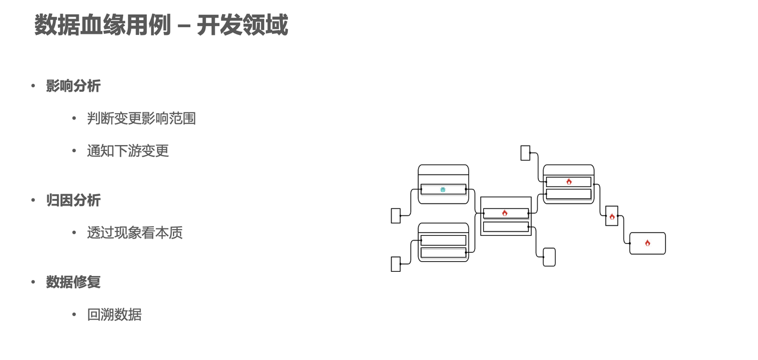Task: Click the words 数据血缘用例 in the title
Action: (102, 25)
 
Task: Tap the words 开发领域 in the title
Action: (242, 25)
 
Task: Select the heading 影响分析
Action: (73, 86)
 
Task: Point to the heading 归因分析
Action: (73, 200)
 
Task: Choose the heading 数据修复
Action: (73, 282)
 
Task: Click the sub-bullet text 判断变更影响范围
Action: (142, 118)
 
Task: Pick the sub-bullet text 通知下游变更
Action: (128, 151)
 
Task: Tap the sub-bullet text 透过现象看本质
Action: (134, 233)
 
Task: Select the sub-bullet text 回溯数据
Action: (114, 314)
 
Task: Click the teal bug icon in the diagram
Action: (443, 190)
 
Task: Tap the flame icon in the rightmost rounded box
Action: (647, 243)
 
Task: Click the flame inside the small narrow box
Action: (612, 217)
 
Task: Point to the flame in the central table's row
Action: (505, 213)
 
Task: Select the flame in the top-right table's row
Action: (569, 182)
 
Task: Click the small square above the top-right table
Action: (525, 153)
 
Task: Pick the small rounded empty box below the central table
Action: (549, 257)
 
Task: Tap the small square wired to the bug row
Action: (396, 216)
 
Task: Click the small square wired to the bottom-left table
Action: (396, 264)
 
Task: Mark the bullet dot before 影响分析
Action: (33, 86)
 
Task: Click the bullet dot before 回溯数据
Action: (74, 314)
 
